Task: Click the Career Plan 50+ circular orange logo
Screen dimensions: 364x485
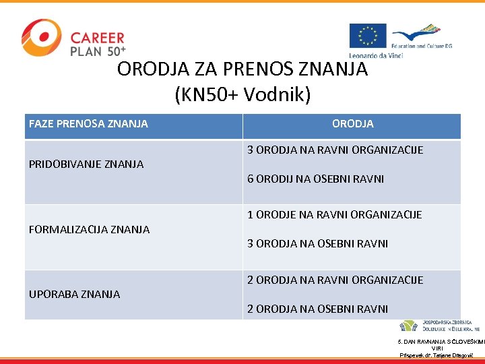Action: pyautogui.click(x=41, y=38)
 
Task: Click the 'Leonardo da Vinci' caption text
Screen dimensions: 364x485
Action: pyautogui.click(x=375, y=55)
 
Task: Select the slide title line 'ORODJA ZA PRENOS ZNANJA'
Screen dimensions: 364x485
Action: pyautogui.click(x=243, y=69)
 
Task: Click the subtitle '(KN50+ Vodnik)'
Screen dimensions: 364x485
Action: pyautogui.click(x=243, y=95)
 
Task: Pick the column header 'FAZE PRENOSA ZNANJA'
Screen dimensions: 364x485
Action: pyautogui.click(x=88, y=124)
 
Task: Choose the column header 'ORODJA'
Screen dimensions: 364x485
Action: pyautogui.click(x=352, y=124)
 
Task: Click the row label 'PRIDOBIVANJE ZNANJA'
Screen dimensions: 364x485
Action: pyautogui.click(x=86, y=164)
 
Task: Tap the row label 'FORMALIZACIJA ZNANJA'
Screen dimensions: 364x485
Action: pyautogui.click(x=89, y=229)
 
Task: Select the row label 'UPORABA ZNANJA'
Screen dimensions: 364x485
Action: pyautogui.click(x=75, y=294)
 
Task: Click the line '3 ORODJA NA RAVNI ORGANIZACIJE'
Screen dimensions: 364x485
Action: pyautogui.click(x=335, y=150)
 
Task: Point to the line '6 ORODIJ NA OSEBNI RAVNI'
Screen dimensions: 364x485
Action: pyautogui.click(x=315, y=179)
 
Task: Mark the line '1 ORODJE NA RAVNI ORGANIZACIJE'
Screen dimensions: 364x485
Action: pyautogui.click(x=334, y=214)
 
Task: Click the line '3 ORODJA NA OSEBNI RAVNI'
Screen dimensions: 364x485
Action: pyautogui.click(x=317, y=243)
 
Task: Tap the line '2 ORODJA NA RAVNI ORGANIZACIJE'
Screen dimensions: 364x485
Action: pyautogui.click(x=335, y=280)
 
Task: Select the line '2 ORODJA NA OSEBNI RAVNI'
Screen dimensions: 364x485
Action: pyautogui.click(x=317, y=309)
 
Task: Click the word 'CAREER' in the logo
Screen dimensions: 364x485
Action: pyautogui.click(x=97, y=38)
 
